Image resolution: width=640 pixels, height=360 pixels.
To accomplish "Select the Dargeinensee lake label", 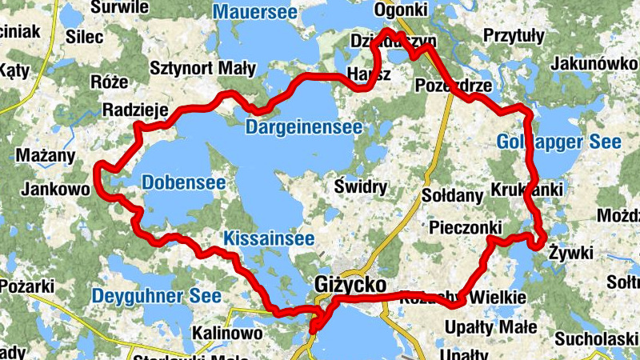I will (304, 127).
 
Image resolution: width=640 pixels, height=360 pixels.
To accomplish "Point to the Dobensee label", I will (183, 183).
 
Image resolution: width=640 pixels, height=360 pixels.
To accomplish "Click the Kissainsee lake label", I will (268, 238).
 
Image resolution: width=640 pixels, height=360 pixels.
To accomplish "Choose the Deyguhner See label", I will (156, 295).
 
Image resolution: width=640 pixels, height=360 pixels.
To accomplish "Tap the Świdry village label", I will (361, 188).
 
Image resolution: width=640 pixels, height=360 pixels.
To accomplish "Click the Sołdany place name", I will (453, 195).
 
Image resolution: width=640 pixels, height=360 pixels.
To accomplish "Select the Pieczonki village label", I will (465, 227).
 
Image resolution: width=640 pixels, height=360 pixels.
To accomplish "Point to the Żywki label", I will (571, 254).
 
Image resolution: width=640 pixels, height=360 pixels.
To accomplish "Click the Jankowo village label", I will (54, 190).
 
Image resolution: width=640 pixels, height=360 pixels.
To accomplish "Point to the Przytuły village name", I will (514, 36).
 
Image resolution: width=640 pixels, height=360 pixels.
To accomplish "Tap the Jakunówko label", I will (594, 65).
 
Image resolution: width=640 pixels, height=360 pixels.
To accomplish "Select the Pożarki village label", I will (26, 286).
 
